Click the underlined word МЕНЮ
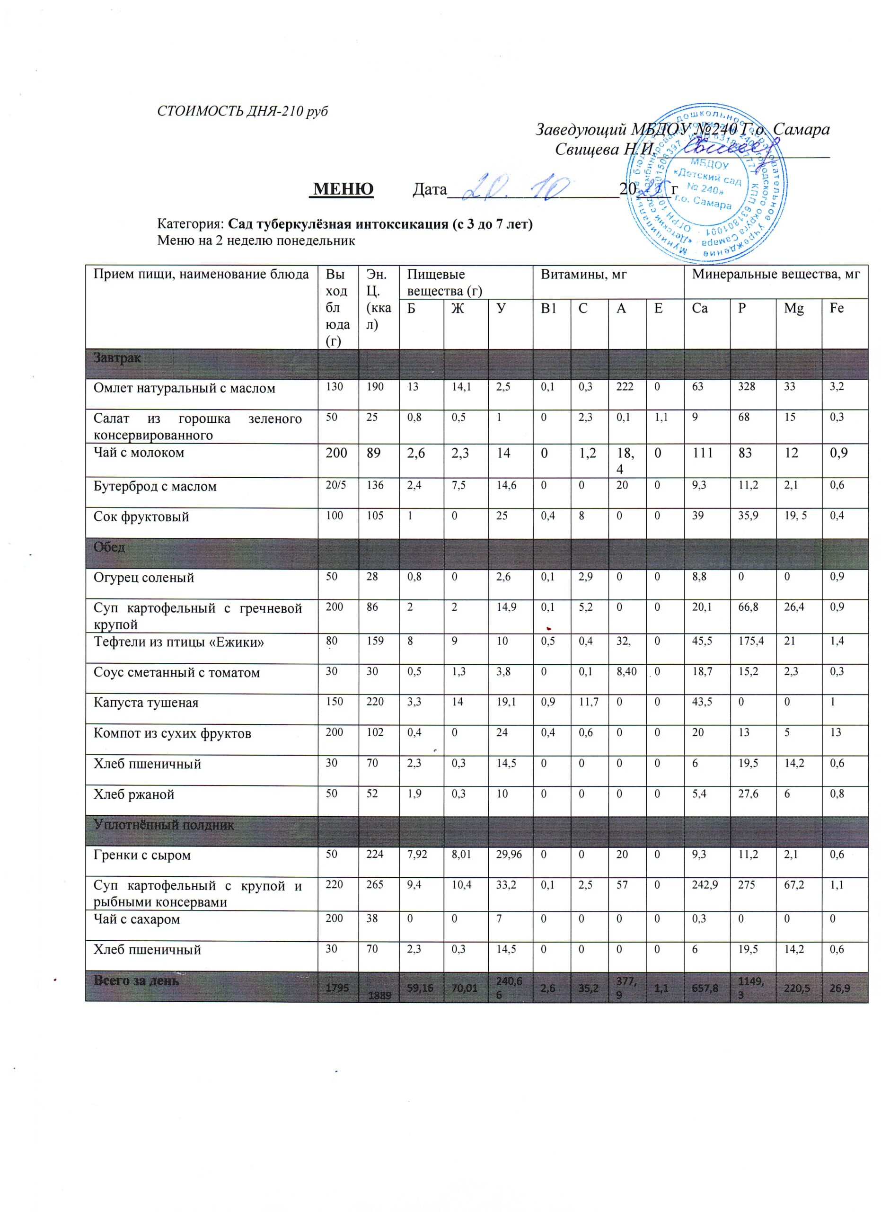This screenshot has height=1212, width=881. [x=343, y=189]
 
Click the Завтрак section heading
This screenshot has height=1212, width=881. [x=117, y=357]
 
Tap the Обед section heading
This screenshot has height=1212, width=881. [x=109, y=547]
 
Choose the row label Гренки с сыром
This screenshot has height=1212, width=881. [x=142, y=855]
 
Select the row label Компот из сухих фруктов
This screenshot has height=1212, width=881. [x=172, y=733]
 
